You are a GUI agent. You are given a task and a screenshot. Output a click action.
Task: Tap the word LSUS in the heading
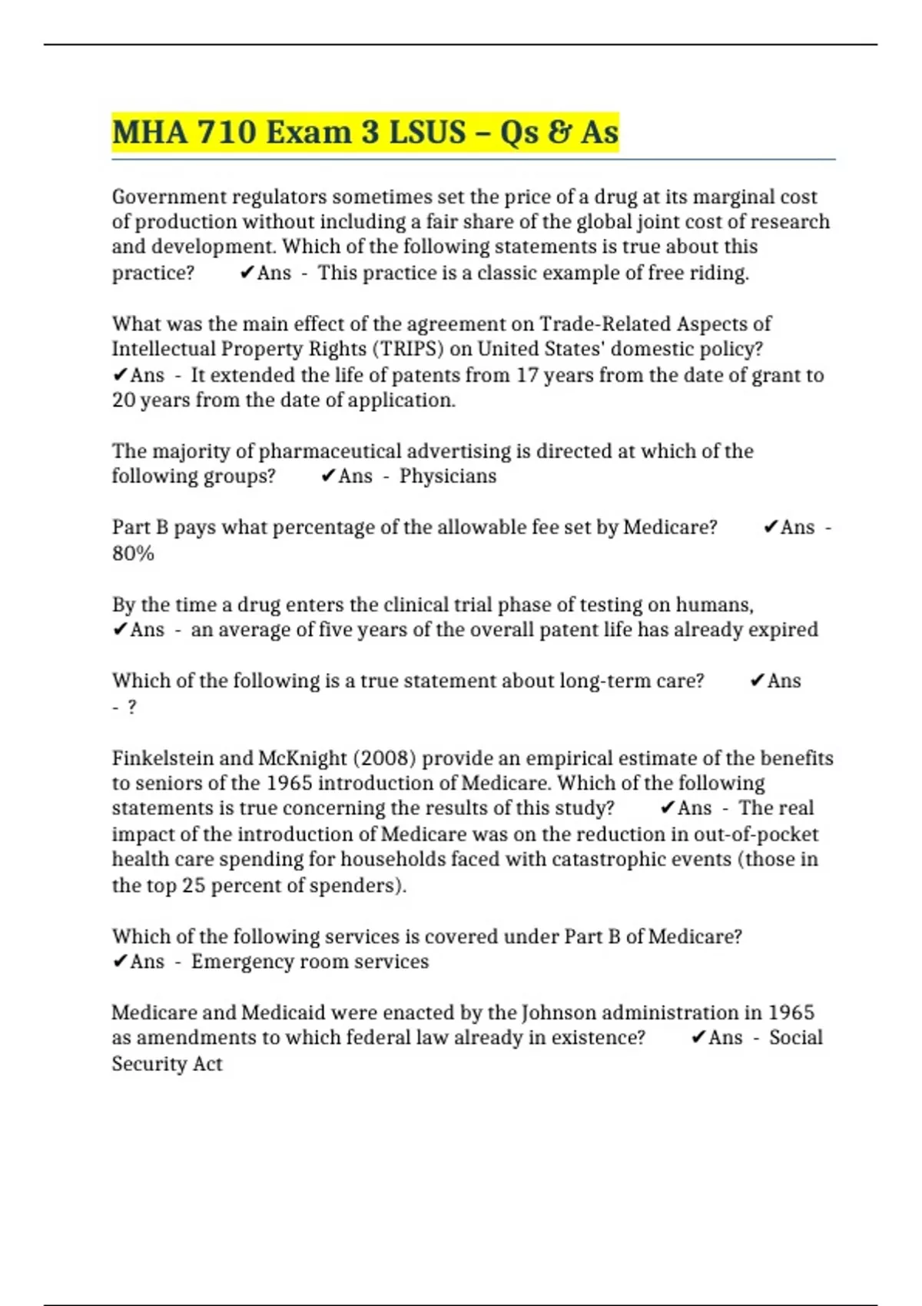tap(427, 132)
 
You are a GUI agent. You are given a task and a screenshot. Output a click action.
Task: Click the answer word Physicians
tap(448, 476)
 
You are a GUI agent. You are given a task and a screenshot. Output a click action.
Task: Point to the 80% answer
tap(133, 553)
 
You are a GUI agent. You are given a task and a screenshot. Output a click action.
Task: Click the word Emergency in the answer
tap(237, 962)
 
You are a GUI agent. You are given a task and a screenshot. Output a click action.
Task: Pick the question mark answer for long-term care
tap(132, 707)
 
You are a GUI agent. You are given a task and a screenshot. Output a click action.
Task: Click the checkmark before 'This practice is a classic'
tap(247, 273)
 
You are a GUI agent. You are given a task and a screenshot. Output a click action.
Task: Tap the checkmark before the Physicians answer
tap(327, 476)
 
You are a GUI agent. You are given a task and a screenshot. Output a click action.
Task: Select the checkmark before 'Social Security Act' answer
tap(698, 1038)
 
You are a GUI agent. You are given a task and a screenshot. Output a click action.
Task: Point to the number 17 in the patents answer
tap(527, 375)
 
